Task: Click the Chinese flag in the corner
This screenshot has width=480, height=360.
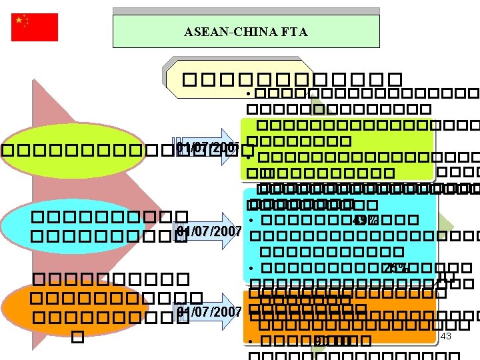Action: (35, 27)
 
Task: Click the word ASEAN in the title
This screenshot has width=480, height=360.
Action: (202, 32)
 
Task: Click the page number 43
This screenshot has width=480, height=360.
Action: (446, 337)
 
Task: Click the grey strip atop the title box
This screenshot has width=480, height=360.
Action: (246, 11)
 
